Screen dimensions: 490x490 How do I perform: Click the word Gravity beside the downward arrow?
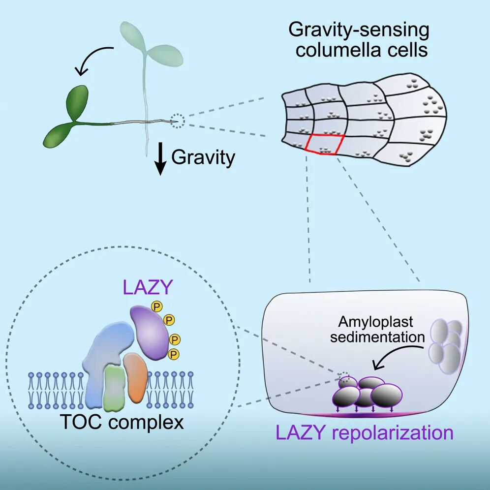[x=203, y=158]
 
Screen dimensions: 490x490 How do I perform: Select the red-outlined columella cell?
[x=324, y=144]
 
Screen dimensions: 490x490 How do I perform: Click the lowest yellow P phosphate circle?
[x=173, y=353]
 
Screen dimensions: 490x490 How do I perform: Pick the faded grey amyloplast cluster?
[x=446, y=344]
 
